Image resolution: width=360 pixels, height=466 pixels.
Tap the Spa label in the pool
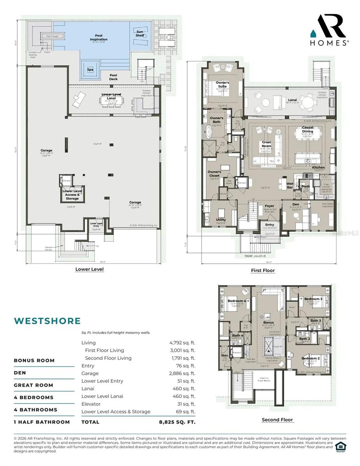(90, 70)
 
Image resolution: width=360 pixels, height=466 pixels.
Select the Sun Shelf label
(140, 33)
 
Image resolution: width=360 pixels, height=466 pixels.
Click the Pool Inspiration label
(99, 38)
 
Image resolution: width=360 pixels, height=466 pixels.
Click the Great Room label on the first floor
(266, 144)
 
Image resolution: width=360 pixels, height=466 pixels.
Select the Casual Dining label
(308, 129)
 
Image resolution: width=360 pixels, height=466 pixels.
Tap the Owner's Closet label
(214, 174)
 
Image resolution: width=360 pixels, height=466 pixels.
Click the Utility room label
(221, 220)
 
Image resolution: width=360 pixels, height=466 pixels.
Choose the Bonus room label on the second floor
(268, 322)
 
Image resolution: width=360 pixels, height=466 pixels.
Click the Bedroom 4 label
(237, 301)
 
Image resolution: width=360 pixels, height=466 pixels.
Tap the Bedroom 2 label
(310, 358)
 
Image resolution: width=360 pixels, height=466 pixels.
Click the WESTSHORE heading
(47, 321)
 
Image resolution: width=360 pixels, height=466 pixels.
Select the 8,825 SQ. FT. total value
(177, 422)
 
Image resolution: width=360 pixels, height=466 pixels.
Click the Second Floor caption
(277, 420)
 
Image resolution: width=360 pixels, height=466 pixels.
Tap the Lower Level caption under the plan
(89, 269)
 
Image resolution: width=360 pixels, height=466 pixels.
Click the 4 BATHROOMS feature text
(35, 410)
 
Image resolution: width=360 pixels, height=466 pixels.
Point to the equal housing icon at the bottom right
(340, 446)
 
